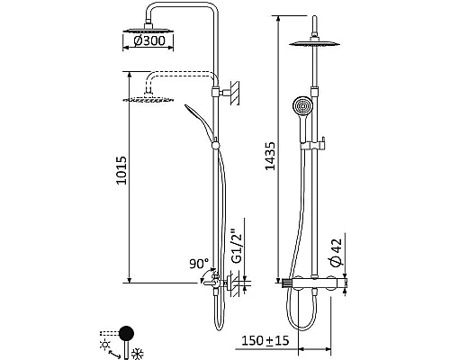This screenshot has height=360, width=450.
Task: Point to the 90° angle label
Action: tap(198, 265)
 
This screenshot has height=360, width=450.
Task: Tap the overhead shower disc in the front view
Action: tap(318, 46)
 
